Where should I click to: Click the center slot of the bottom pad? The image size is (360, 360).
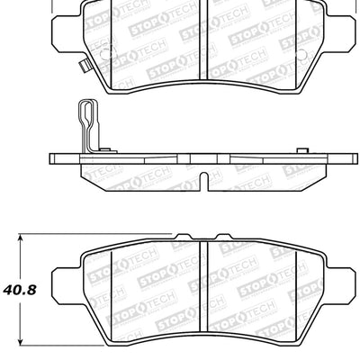point(202,288)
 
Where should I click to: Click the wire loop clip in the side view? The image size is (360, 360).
point(85,126)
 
